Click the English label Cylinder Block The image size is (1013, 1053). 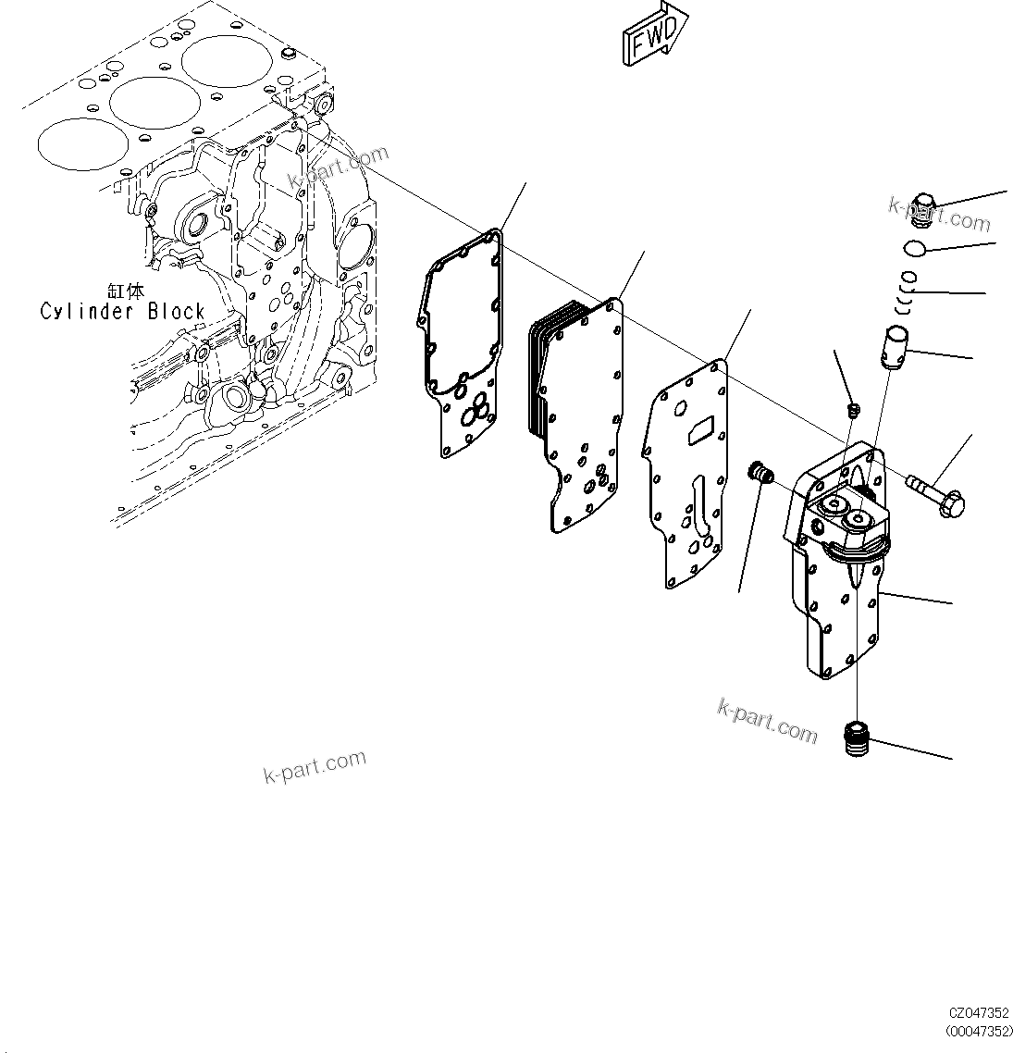122,312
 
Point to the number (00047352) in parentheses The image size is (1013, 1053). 979,1031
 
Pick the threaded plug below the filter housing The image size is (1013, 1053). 859,737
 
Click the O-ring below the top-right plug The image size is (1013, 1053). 913,248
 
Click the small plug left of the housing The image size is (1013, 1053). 761,473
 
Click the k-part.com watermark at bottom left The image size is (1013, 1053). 315,766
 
